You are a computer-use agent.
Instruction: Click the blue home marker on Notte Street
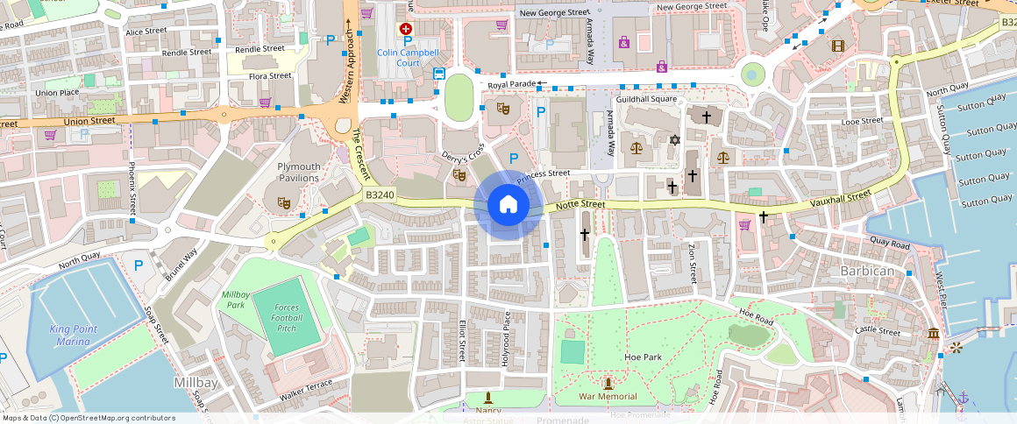(x=508, y=205)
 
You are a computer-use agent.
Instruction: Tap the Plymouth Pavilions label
(x=287, y=172)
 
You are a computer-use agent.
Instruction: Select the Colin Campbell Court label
(x=408, y=58)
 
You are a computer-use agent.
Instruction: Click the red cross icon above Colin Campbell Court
(x=406, y=29)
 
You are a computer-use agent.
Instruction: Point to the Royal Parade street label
(x=511, y=85)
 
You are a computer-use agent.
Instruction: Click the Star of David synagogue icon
(x=674, y=140)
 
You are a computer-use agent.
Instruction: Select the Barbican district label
(x=867, y=271)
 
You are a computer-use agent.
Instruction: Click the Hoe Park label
(x=643, y=357)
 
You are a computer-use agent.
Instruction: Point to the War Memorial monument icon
(x=608, y=383)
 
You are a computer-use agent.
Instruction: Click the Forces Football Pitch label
(x=287, y=318)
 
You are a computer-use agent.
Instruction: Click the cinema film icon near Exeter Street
(x=839, y=46)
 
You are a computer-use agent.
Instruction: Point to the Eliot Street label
(x=461, y=339)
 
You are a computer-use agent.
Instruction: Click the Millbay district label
(x=189, y=384)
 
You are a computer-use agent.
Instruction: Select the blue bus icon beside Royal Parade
(x=438, y=74)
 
